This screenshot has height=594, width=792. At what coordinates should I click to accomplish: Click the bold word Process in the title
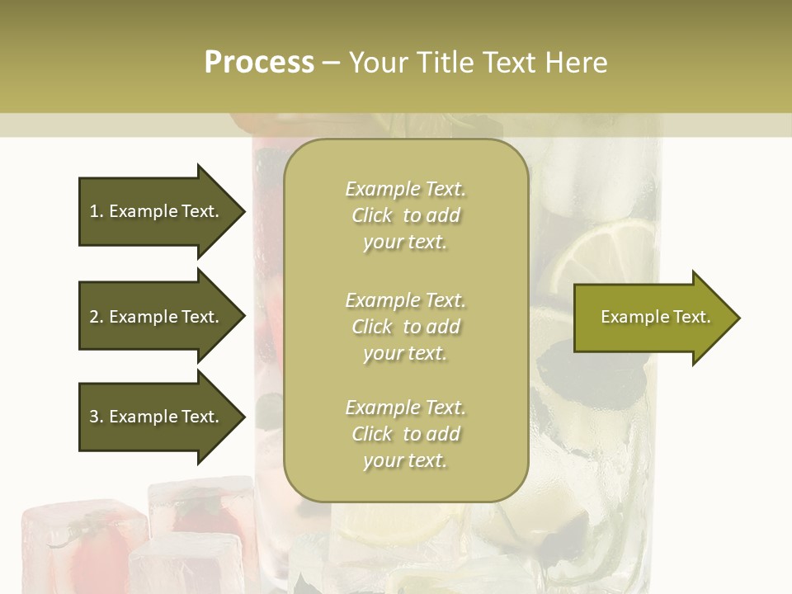(x=259, y=63)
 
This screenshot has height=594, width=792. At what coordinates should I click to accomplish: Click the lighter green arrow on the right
(x=656, y=317)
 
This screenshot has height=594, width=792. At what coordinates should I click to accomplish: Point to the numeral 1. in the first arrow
(x=97, y=211)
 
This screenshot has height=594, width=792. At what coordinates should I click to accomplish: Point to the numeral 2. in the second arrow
(x=97, y=317)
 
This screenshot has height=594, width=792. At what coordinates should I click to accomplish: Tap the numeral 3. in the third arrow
(x=97, y=417)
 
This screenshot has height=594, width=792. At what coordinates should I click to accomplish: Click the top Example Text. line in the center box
(x=405, y=189)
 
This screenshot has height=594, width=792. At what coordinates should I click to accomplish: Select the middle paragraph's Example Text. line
(x=405, y=300)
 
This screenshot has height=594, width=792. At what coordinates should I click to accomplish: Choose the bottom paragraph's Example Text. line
(x=405, y=408)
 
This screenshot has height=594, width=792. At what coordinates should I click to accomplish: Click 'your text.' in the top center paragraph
(x=405, y=242)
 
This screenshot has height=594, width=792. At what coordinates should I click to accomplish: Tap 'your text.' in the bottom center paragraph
(x=405, y=460)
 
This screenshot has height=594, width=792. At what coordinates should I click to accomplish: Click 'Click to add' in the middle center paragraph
(x=405, y=327)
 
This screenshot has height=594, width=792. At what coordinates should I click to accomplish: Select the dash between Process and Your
(x=331, y=63)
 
